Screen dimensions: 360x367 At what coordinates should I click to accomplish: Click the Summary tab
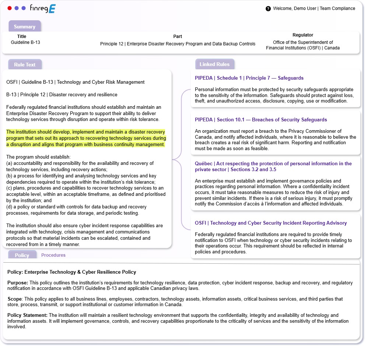[25, 27]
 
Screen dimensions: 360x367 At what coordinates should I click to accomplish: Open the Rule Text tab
[25, 65]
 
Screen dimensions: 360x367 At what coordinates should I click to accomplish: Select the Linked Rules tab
[214, 64]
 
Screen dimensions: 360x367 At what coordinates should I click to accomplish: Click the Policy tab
[22, 255]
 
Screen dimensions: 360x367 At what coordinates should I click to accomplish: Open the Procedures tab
[53, 255]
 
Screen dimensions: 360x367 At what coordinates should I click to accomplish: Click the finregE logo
[43, 8]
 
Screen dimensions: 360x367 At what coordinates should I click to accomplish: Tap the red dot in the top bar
[10, 8]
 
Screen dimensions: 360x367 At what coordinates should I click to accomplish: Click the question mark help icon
[268, 8]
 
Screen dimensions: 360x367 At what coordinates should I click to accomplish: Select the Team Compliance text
[338, 8]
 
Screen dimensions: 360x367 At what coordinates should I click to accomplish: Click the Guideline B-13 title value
[25, 42]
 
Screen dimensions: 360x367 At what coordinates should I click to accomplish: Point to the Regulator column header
[303, 35]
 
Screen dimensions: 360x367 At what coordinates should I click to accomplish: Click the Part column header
[178, 37]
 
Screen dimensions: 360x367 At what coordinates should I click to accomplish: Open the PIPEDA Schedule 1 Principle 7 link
[249, 78]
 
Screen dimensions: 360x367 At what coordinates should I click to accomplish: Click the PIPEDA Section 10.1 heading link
[261, 120]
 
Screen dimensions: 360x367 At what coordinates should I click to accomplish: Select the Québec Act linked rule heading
[273, 166]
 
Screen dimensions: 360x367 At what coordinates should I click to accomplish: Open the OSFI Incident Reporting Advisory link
[271, 223]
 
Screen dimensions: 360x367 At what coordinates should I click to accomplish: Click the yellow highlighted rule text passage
[86, 138]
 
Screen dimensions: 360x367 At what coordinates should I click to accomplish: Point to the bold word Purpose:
[18, 283]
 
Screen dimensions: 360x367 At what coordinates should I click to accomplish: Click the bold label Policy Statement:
[27, 315]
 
